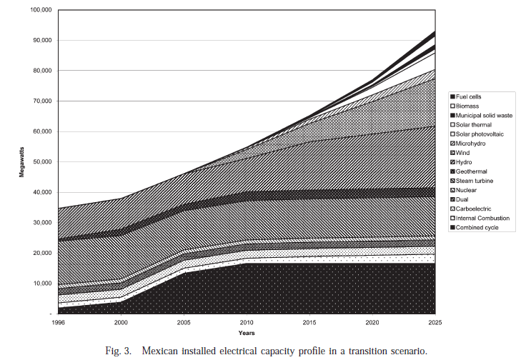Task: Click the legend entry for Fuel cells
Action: pyautogui.click(x=471, y=96)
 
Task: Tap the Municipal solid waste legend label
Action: pyautogui.click(x=483, y=115)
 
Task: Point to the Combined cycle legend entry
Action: pyautogui.click(x=477, y=227)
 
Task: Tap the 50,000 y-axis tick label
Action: pyautogui.click(x=44, y=162)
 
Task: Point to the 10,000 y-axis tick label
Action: pyautogui.click(x=44, y=284)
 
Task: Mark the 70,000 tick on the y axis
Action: pyautogui.click(x=44, y=101)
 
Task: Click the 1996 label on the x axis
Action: pyautogui.click(x=60, y=322)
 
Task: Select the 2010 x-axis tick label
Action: pyautogui.click(x=247, y=322)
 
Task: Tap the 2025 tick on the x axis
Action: pyautogui.click(x=435, y=322)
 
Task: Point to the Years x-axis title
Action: pyautogui.click(x=247, y=332)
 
